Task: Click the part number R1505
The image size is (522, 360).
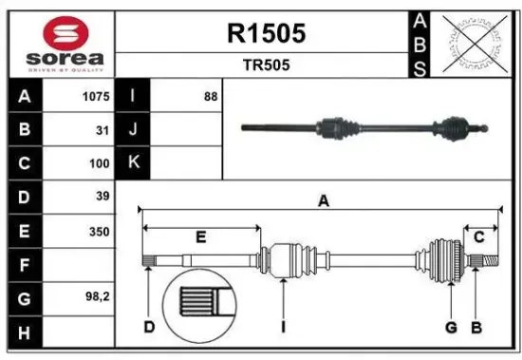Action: [x=266, y=34]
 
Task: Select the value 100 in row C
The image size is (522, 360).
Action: [x=100, y=162]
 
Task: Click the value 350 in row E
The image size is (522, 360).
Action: [x=100, y=231]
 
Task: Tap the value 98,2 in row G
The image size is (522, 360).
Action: [x=99, y=297]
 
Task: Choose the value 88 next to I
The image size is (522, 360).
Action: [x=210, y=96]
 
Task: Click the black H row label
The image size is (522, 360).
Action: [x=24, y=332]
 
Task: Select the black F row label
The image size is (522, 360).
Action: [x=24, y=264]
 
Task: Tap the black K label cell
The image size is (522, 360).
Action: [x=133, y=162]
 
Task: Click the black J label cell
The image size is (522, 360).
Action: [x=133, y=129]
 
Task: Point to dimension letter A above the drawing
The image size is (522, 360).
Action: [x=323, y=200]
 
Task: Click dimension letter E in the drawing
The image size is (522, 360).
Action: [x=200, y=237]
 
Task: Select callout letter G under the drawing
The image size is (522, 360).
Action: [x=452, y=328]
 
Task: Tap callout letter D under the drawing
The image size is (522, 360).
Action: [x=149, y=328]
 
